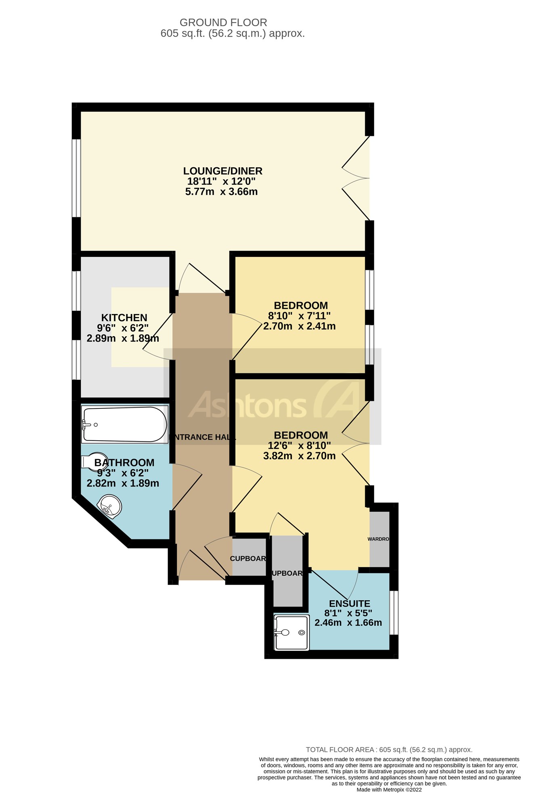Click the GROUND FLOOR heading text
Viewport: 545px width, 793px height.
pos(223,23)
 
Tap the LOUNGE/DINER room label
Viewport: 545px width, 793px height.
pos(222,171)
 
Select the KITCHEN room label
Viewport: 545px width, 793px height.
pos(124,318)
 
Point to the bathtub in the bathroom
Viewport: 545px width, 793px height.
pos(124,424)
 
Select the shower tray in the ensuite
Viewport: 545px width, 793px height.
pos(291,632)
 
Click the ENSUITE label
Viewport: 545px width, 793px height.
pos(349,604)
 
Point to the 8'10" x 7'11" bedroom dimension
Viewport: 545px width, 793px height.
pos(299,316)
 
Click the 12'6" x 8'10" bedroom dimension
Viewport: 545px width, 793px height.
pos(299,445)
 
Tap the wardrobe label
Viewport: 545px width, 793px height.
pos(379,539)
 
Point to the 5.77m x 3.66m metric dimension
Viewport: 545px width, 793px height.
pos(221,192)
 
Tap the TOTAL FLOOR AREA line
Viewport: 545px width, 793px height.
pos(389,750)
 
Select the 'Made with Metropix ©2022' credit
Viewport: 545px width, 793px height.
pos(389,789)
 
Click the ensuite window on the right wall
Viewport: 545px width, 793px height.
pos(394,613)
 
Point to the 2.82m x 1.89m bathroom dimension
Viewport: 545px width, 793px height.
pos(123,483)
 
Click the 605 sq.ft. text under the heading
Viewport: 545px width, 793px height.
pos(233,33)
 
